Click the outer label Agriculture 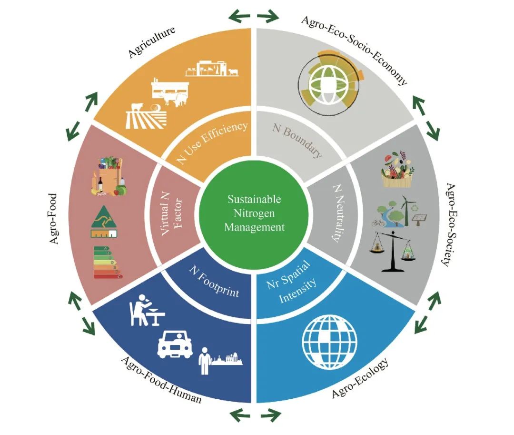(x=152, y=43)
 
